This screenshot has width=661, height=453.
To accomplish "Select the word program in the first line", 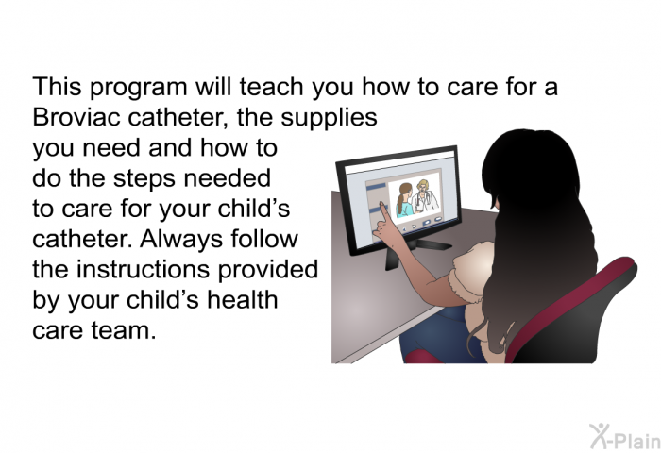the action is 139,88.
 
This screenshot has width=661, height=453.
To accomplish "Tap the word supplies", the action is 329,118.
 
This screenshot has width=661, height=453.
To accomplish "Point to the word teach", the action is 272,87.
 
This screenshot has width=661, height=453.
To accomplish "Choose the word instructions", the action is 143,269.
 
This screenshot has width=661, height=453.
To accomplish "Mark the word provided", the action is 267,270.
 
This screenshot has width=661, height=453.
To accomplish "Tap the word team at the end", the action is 124,330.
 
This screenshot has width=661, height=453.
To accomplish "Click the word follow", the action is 264,239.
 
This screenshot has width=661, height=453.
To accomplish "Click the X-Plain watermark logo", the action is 625,436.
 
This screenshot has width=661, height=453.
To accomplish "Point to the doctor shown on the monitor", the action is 425,197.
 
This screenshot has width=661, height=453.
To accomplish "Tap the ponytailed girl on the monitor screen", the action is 404,200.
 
